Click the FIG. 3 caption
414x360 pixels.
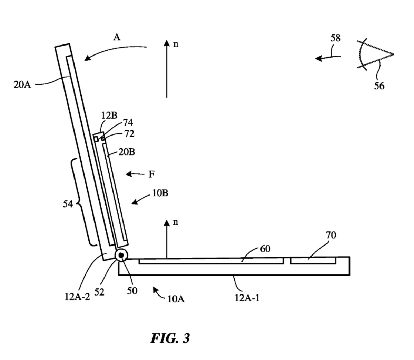[x=170, y=338]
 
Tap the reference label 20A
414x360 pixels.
[x=22, y=84]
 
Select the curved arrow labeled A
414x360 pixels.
[x=114, y=52]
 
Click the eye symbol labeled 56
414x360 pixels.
[x=374, y=55]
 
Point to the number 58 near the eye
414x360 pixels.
[x=335, y=38]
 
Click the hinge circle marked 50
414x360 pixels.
[x=121, y=255]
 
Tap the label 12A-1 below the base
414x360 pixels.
[x=247, y=298]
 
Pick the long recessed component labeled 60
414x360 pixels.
[x=210, y=261]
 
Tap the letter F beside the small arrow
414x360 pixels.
[x=151, y=174]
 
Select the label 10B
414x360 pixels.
[x=160, y=193]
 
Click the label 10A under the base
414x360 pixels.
[x=176, y=299]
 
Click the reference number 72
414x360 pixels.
[x=129, y=134]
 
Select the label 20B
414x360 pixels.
[x=127, y=152]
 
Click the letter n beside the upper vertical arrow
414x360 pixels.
[x=176, y=44]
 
